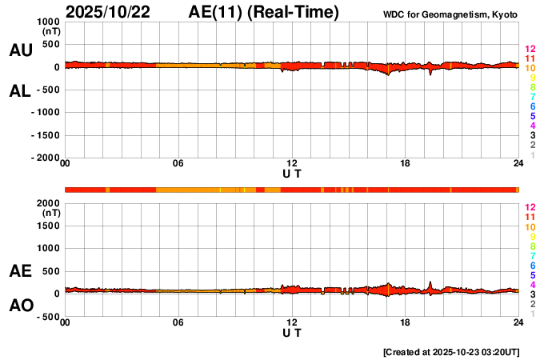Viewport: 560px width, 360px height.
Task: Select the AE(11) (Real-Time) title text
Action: point(264,12)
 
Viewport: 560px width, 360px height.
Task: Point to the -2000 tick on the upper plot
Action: point(45,158)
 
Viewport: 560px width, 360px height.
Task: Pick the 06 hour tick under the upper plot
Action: point(178,164)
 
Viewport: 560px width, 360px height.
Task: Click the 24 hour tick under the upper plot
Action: point(518,164)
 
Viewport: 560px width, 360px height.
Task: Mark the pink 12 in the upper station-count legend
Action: point(529,50)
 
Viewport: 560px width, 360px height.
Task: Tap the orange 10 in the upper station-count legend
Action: point(529,69)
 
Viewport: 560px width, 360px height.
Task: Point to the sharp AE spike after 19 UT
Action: point(430,282)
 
